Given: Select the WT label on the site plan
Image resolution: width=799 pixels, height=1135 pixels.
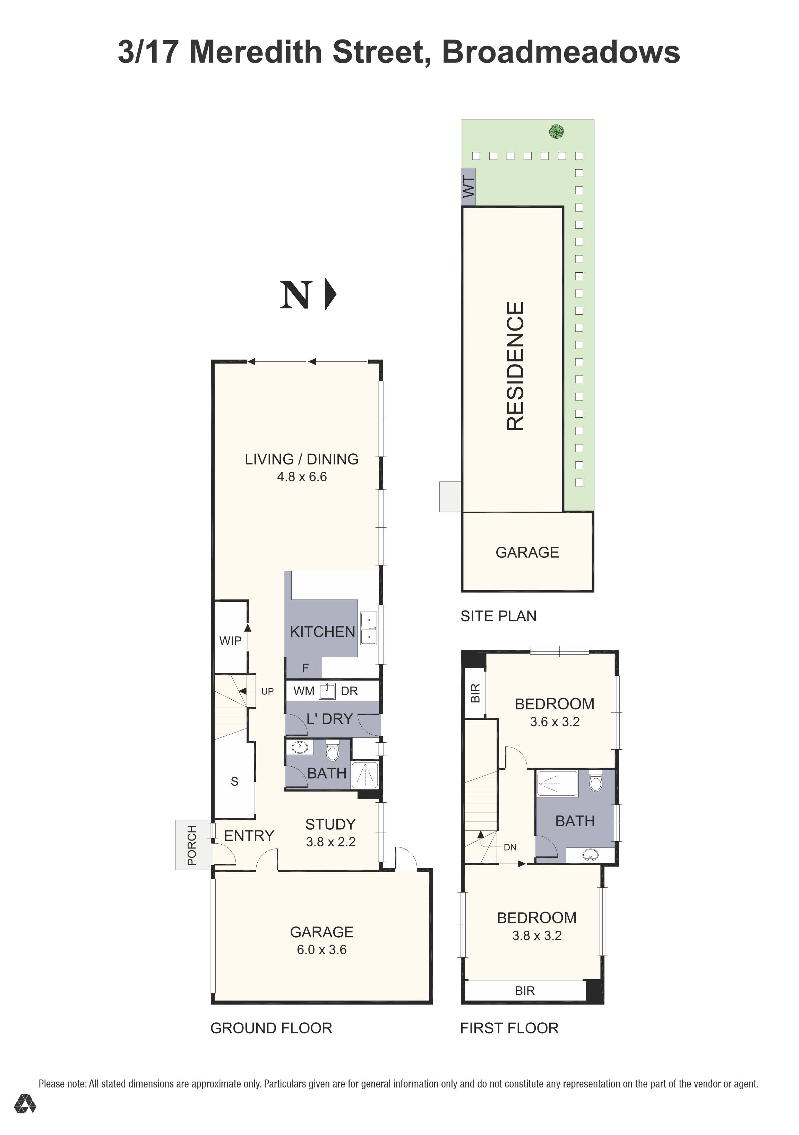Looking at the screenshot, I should point(469,187).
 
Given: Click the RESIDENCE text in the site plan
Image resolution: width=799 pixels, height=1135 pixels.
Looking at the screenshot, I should point(515,366).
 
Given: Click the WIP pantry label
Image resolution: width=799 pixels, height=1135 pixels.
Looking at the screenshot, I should point(230,641).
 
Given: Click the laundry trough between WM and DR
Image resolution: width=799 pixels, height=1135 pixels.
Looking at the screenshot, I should point(327,691).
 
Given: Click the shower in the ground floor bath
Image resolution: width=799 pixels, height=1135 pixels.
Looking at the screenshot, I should point(365,775).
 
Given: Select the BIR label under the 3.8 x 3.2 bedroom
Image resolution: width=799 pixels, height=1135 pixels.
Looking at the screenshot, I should point(524,991).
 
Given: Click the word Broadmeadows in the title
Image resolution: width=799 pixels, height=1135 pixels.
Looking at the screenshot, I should point(560,52).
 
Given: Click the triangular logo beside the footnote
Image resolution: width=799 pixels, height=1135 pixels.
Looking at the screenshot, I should point(25,1103).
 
